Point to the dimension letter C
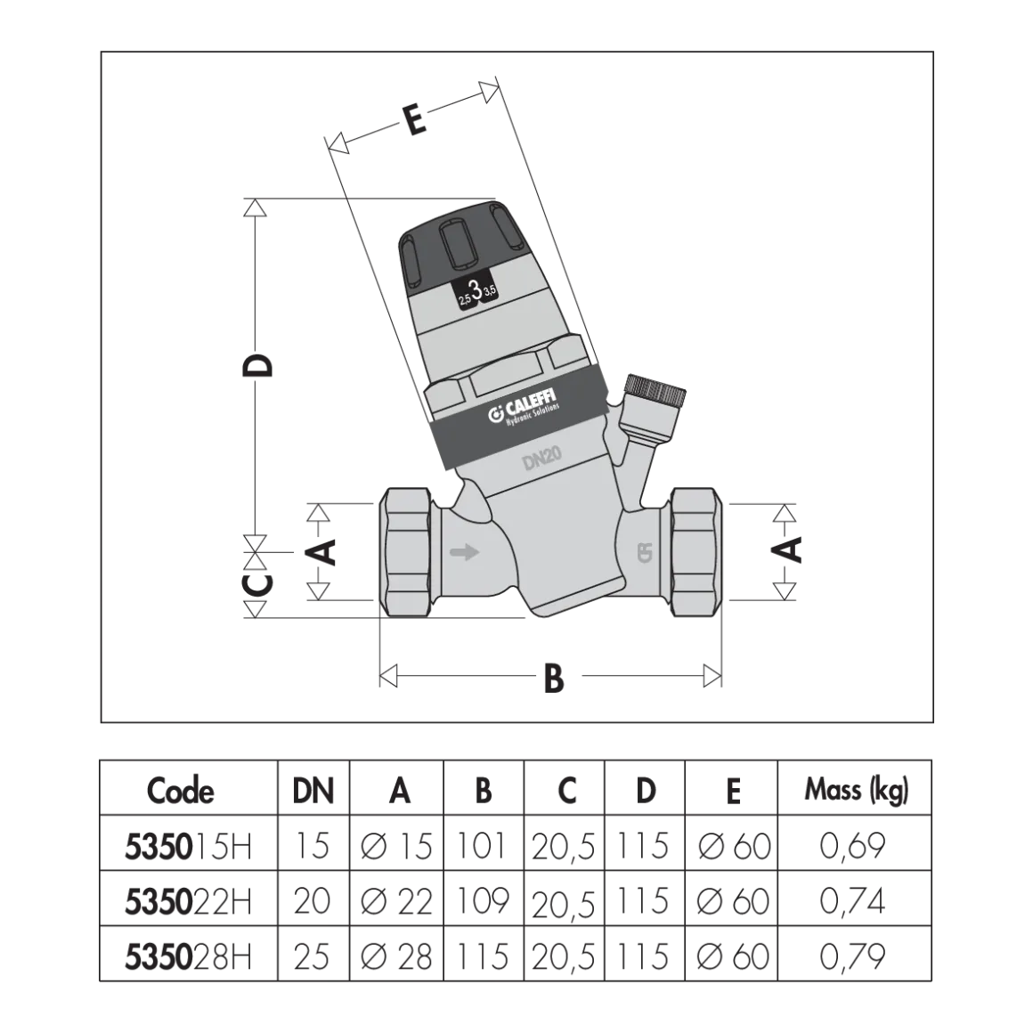[257, 584]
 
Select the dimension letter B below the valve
[554, 678]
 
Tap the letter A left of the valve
[322, 552]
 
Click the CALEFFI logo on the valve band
[525, 408]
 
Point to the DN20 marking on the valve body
[542, 459]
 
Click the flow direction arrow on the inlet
[465, 552]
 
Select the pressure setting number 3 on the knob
[476, 290]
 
